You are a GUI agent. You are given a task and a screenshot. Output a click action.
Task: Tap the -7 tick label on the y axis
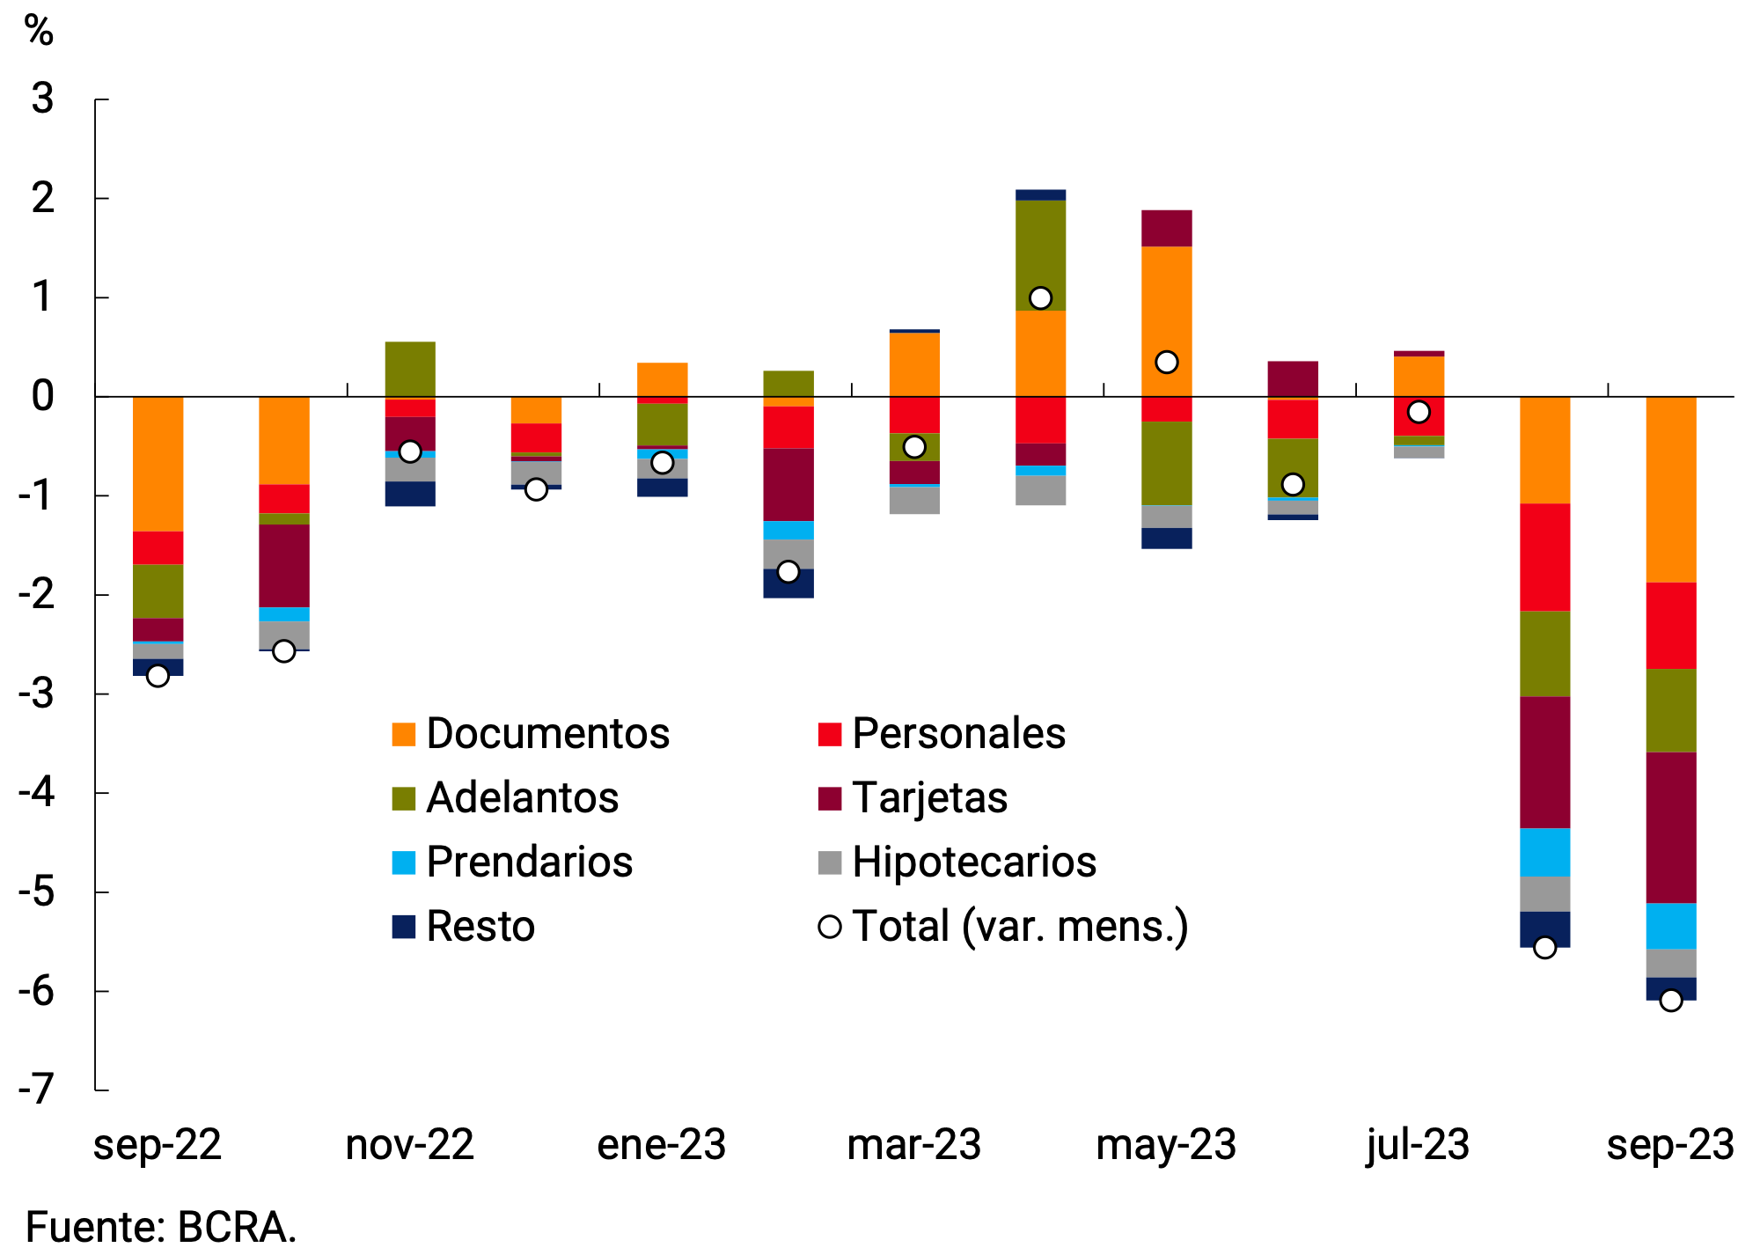point(37,1090)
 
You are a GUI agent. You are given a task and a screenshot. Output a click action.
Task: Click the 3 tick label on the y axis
point(42,99)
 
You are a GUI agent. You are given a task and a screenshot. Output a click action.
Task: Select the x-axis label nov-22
point(410,1145)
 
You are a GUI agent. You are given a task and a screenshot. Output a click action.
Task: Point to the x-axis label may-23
point(1166,1145)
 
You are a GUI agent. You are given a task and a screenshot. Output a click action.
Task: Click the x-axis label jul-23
point(1418,1145)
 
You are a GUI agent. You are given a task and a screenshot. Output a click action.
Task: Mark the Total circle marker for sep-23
point(1670,1001)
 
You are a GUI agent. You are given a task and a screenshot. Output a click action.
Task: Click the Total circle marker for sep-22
point(158,676)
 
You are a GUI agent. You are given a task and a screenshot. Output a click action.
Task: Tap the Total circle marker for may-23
point(1167,362)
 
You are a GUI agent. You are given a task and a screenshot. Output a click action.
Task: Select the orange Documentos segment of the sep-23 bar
point(1670,489)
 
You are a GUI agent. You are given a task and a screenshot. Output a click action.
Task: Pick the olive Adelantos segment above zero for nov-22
point(410,369)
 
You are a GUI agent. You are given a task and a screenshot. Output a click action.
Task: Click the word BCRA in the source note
point(237,1227)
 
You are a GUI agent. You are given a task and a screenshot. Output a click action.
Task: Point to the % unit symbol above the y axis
point(39,31)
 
